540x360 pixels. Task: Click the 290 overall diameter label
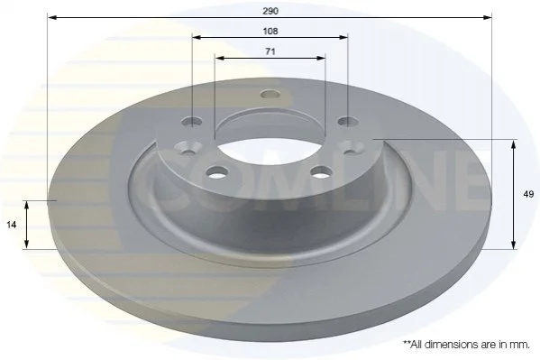click(x=270, y=11)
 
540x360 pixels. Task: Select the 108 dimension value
click(x=270, y=32)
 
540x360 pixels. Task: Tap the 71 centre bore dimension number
click(x=270, y=51)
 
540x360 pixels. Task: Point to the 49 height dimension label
click(x=528, y=194)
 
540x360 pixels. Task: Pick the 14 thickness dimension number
click(x=12, y=225)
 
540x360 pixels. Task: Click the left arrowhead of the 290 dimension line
click(x=51, y=17)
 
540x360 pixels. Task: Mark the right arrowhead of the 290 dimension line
click(x=488, y=17)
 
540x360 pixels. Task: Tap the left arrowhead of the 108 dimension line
click(x=197, y=37)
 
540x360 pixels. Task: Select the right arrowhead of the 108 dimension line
click(x=343, y=37)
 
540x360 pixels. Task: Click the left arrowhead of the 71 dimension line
click(x=219, y=58)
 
